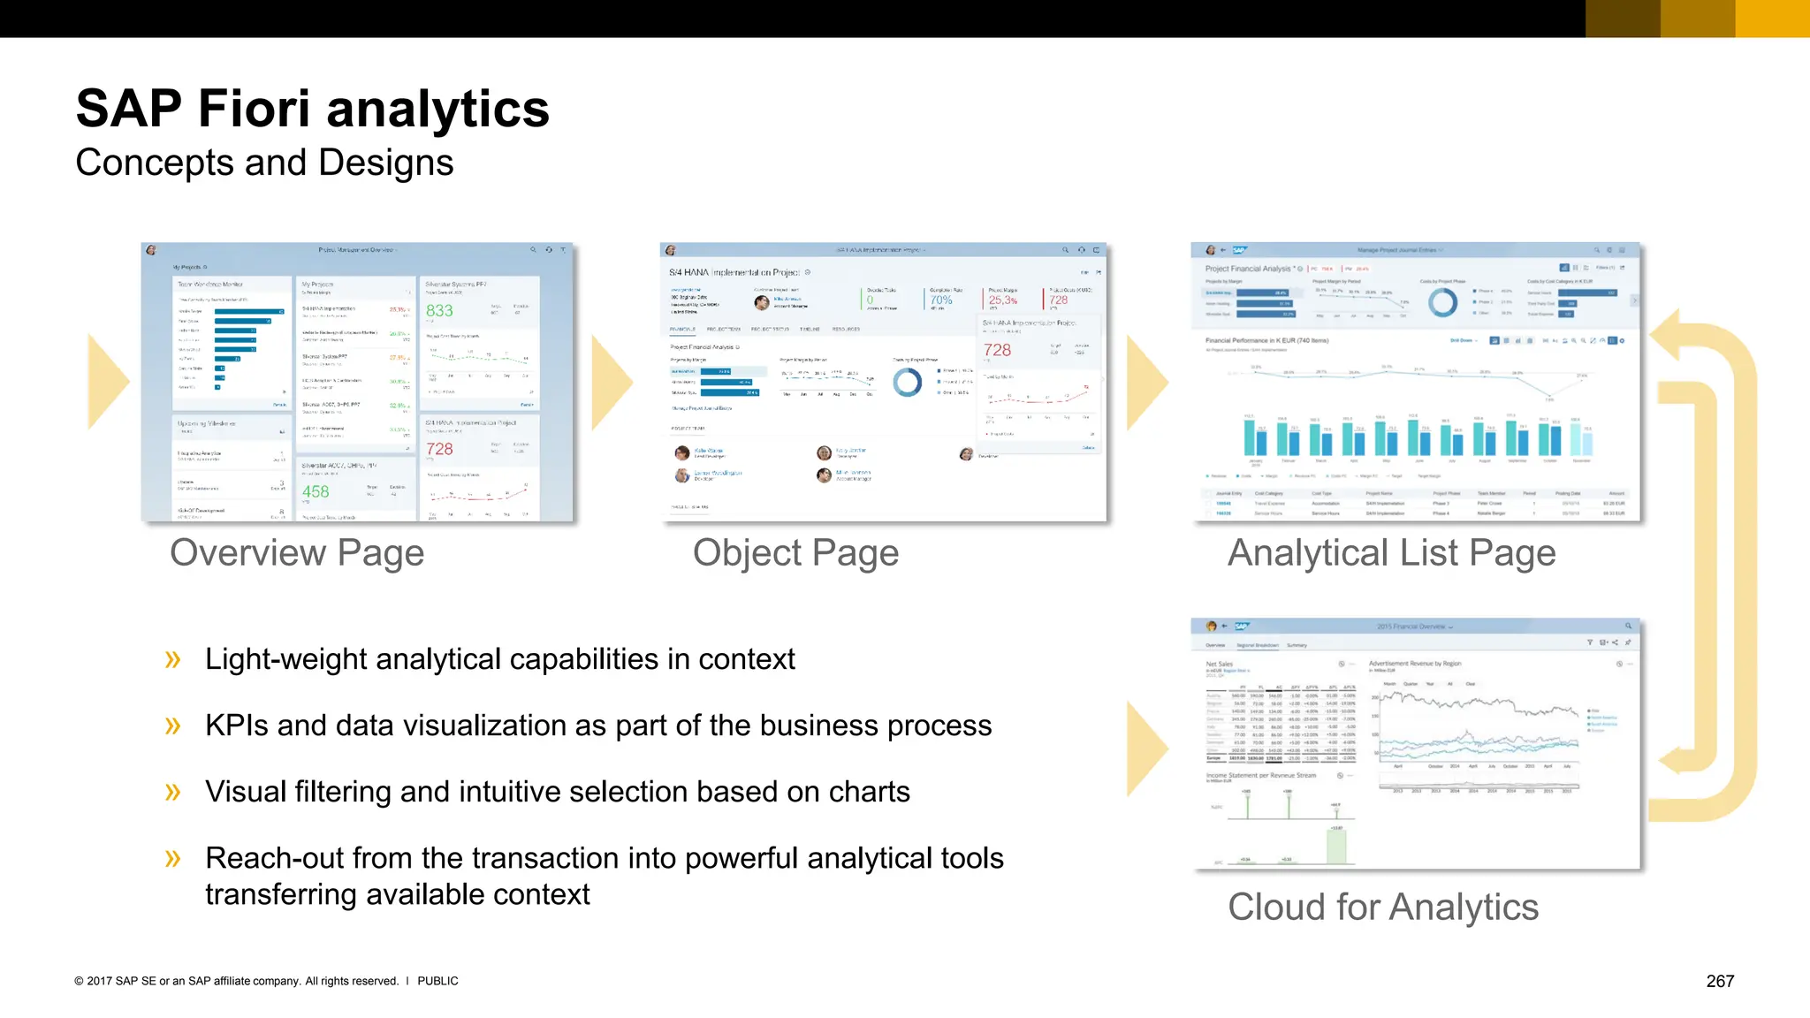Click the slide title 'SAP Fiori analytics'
click(313, 109)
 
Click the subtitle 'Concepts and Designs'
click(264, 163)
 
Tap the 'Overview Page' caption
click(297, 553)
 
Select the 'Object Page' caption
click(795, 553)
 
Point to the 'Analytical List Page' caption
click(1391, 553)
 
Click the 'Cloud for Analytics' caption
click(1382, 908)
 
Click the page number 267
click(1720, 981)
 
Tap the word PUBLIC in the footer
click(437, 981)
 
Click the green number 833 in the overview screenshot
click(439, 311)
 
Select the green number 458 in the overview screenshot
click(316, 492)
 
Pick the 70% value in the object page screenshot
click(941, 300)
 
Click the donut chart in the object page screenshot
click(908, 383)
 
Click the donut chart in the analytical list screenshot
click(1442, 302)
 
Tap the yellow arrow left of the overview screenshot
click(108, 382)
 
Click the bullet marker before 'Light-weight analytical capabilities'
click(172, 660)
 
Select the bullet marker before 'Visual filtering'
click(172, 792)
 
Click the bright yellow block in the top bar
click(1772, 19)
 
